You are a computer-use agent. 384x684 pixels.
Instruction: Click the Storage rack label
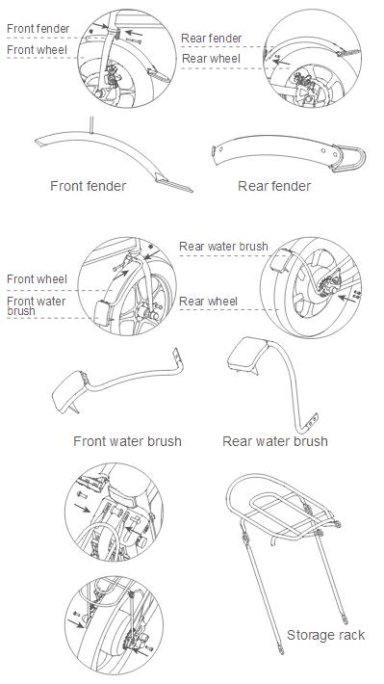click(325, 635)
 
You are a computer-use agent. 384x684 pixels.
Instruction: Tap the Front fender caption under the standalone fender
click(88, 186)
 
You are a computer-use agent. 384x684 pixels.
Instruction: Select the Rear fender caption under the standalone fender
click(274, 186)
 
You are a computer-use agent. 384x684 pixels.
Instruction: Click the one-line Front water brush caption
click(127, 441)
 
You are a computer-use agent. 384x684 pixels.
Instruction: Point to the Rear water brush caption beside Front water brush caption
click(275, 441)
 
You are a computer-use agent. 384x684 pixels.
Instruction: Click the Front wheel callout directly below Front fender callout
click(37, 50)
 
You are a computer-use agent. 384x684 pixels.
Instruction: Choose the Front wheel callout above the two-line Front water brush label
click(37, 279)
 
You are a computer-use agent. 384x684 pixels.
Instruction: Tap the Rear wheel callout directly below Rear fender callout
click(211, 59)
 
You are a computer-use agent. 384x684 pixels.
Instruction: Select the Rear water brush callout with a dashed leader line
click(223, 247)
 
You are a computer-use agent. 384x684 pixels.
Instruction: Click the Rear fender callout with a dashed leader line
click(212, 39)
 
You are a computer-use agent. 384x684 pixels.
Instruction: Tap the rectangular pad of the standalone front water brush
click(69, 389)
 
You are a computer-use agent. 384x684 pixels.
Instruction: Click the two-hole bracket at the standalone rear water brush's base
click(312, 420)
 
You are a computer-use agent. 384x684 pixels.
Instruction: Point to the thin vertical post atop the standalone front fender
click(91, 124)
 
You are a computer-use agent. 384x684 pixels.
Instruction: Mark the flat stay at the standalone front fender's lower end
click(173, 182)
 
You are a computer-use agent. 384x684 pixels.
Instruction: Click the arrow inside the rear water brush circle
click(346, 299)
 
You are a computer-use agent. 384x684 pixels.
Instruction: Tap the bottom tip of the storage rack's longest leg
click(280, 653)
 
